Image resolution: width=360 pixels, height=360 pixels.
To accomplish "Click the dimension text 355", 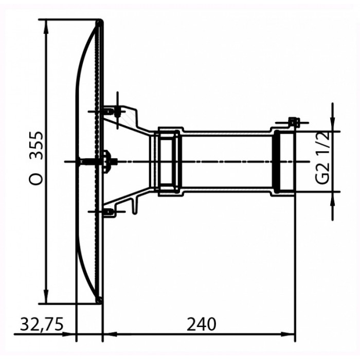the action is click(x=37, y=146).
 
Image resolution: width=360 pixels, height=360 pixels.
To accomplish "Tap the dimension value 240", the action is click(x=202, y=324).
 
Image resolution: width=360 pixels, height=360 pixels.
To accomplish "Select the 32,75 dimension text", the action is click(x=42, y=325).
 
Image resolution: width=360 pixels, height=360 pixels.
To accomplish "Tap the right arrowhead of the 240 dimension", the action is click(x=288, y=334).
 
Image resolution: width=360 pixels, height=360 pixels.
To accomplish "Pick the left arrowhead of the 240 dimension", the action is click(x=110, y=334).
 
